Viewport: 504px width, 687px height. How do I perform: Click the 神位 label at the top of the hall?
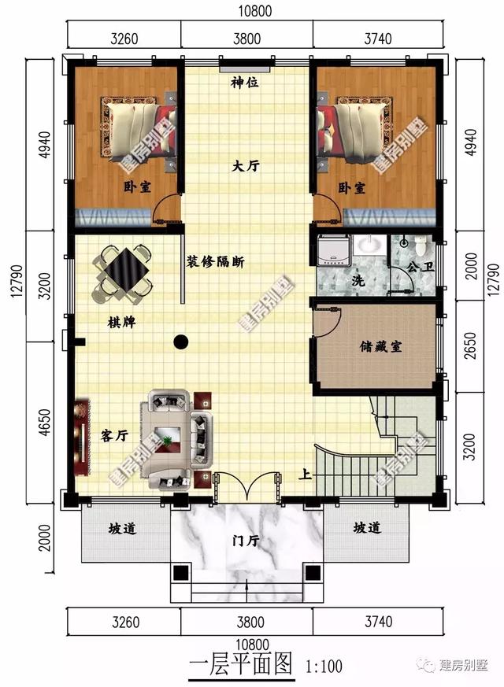pyautogui.click(x=245, y=82)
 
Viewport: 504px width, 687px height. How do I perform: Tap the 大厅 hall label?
pyautogui.click(x=246, y=166)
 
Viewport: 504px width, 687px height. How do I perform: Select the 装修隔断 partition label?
pyautogui.click(x=216, y=262)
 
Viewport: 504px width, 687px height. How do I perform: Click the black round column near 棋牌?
pyautogui.click(x=181, y=342)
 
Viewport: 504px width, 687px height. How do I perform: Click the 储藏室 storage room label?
pyautogui.click(x=380, y=347)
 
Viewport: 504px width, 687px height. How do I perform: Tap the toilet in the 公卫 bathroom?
pyautogui.click(x=421, y=245)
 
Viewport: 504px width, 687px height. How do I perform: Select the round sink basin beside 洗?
pyautogui.click(x=370, y=245)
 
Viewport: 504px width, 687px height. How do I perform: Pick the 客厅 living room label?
pyautogui.click(x=114, y=436)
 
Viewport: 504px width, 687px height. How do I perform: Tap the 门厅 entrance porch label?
pyautogui.click(x=246, y=541)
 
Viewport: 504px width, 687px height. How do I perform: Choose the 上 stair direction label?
pyautogui.click(x=306, y=475)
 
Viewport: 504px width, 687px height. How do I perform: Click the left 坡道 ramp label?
pyautogui.click(x=123, y=529)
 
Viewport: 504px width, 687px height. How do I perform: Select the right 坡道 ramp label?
pyautogui.click(x=367, y=528)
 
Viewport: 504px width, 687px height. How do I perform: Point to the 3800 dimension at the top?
pyautogui.click(x=246, y=39)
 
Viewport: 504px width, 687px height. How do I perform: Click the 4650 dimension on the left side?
pyautogui.click(x=45, y=423)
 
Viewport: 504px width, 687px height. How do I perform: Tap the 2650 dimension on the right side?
pyautogui.click(x=470, y=346)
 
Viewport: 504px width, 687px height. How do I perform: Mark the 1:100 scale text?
pyautogui.click(x=324, y=667)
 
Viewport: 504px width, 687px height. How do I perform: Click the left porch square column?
pyautogui.click(x=180, y=573)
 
